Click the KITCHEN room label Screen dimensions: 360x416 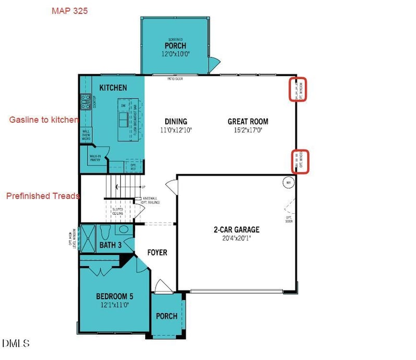113,88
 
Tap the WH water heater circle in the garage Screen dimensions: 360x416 289,183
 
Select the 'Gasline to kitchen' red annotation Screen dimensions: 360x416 44,120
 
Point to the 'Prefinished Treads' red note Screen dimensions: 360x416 43,196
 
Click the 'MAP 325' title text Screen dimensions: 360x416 70,11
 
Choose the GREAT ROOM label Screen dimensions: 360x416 248,122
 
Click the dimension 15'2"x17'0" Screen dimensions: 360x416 248,130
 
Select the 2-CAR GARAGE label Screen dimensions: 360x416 236,229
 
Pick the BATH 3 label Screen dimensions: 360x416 110,245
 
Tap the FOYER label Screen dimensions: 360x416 157,253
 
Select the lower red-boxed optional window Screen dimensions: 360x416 300,161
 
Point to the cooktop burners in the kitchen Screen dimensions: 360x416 86,100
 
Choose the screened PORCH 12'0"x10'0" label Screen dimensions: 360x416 176,46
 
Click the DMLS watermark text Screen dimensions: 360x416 16,343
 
